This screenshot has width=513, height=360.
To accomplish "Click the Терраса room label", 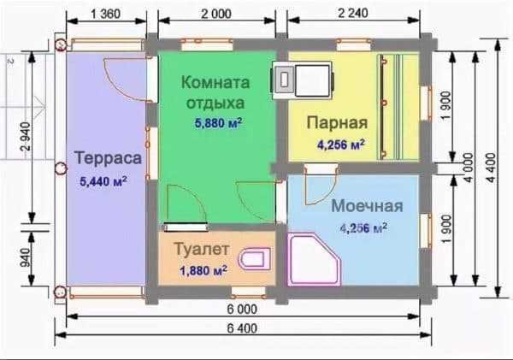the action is click(108, 158).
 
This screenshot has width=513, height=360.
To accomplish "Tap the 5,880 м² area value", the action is click(219, 123).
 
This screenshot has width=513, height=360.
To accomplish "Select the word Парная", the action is click(337, 123).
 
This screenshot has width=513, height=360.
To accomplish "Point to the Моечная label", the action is click(367, 206).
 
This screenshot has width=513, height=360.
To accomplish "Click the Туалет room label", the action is click(201, 249).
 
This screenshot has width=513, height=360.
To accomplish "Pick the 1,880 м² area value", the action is click(203, 271).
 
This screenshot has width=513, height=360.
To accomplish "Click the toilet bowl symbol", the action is click(256, 258).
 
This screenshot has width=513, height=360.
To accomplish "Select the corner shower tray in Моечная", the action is click(314, 259).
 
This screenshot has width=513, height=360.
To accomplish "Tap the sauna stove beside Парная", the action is click(302, 80).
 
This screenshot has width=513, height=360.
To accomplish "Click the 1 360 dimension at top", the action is click(105, 14).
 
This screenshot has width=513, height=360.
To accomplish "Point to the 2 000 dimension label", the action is click(216, 14).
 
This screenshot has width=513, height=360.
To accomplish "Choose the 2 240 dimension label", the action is click(352, 13).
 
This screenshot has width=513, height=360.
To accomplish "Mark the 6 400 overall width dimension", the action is click(242, 328).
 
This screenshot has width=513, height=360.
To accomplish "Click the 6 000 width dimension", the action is click(242, 309).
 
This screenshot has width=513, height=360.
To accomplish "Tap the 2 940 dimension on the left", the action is click(26, 136).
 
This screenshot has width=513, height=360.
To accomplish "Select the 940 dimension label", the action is click(26, 257).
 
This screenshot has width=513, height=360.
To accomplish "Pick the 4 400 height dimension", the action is click(492, 168).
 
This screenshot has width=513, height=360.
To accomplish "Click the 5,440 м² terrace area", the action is click(103, 181).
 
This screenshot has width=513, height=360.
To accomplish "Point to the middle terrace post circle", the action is click(61, 168).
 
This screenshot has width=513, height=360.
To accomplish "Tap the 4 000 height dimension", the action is click(469, 168).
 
